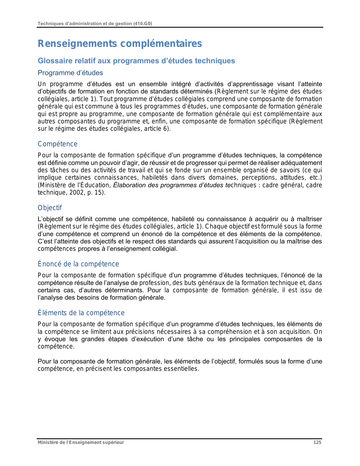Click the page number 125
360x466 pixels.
pyautogui.click(x=317, y=442)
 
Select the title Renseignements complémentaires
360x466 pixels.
pyautogui.click(x=120, y=44)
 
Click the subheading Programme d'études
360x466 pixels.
pyautogui.click(x=70, y=73)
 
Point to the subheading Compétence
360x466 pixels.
pyautogui.click(x=58, y=144)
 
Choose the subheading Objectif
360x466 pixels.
pyautogui.click(x=50, y=208)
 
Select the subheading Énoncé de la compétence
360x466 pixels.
pyautogui.click(x=78, y=264)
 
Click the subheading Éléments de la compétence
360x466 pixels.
pyautogui.click(x=81, y=313)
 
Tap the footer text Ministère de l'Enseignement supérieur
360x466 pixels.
pyautogui.click(x=81, y=442)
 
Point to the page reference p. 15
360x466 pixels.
pyautogui.click(x=97, y=193)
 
